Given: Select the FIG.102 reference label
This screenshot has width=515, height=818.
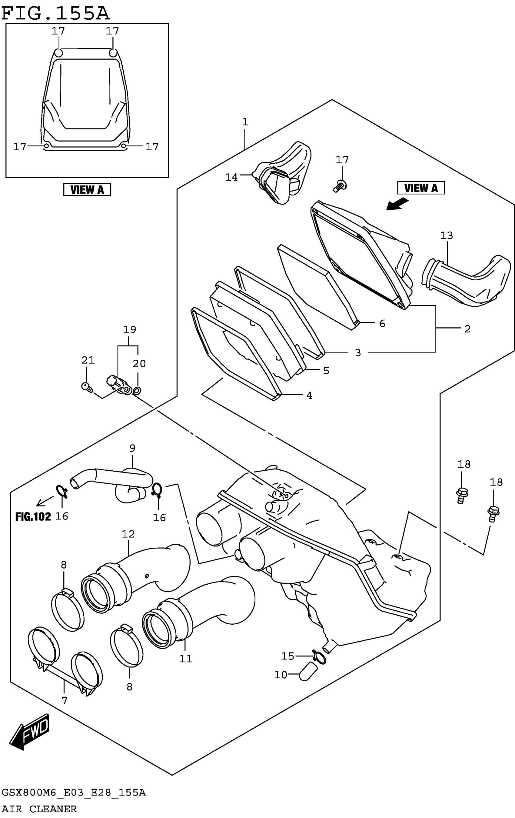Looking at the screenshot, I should pos(33,517).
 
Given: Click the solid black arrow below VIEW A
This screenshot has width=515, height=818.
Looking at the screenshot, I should pos(397,205).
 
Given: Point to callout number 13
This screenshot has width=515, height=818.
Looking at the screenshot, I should pos(447,235).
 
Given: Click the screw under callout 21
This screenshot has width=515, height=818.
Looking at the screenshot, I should pos(87,387).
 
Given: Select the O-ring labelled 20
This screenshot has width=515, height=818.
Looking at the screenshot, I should pos(137,391).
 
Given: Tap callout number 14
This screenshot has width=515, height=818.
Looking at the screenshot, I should pos(231,177).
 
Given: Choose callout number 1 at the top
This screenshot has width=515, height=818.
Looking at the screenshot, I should pos(245,122).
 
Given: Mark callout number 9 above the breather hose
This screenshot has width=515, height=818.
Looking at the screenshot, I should pos(132,448).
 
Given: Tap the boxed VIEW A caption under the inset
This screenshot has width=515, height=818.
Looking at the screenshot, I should pos(87,189).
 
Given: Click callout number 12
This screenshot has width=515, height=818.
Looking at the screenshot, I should pos(128,534).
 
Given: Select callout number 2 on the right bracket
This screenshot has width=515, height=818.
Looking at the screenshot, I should pos(467,329).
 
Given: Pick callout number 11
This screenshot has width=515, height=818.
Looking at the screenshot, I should pos(186,659).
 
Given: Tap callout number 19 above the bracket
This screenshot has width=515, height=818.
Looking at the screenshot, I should pos(129,329).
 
